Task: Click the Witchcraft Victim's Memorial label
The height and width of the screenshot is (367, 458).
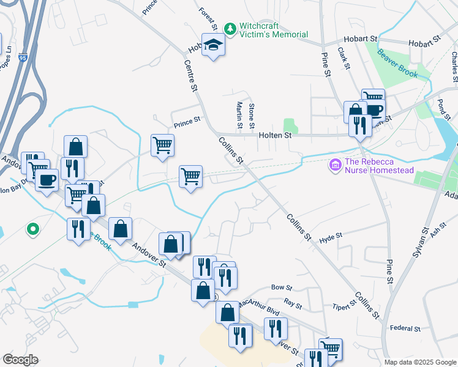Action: [x=273, y=31]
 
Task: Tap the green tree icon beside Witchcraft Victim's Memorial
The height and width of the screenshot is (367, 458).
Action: [x=230, y=29]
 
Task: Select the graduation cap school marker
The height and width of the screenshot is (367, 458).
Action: [x=213, y=45]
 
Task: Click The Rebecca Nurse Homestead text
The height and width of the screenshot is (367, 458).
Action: [x=379, y=166]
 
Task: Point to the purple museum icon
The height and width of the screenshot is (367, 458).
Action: [x=335, y=165]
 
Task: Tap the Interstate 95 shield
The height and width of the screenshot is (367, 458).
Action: [x=23, y=58]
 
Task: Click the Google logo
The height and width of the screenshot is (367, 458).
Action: [x=20, y=360]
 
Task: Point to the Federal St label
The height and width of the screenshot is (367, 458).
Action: [x=405, y=328]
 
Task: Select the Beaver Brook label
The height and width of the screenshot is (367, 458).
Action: [x=397, y=63]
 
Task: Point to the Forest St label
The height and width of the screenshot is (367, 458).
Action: [x=208, y=18]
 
